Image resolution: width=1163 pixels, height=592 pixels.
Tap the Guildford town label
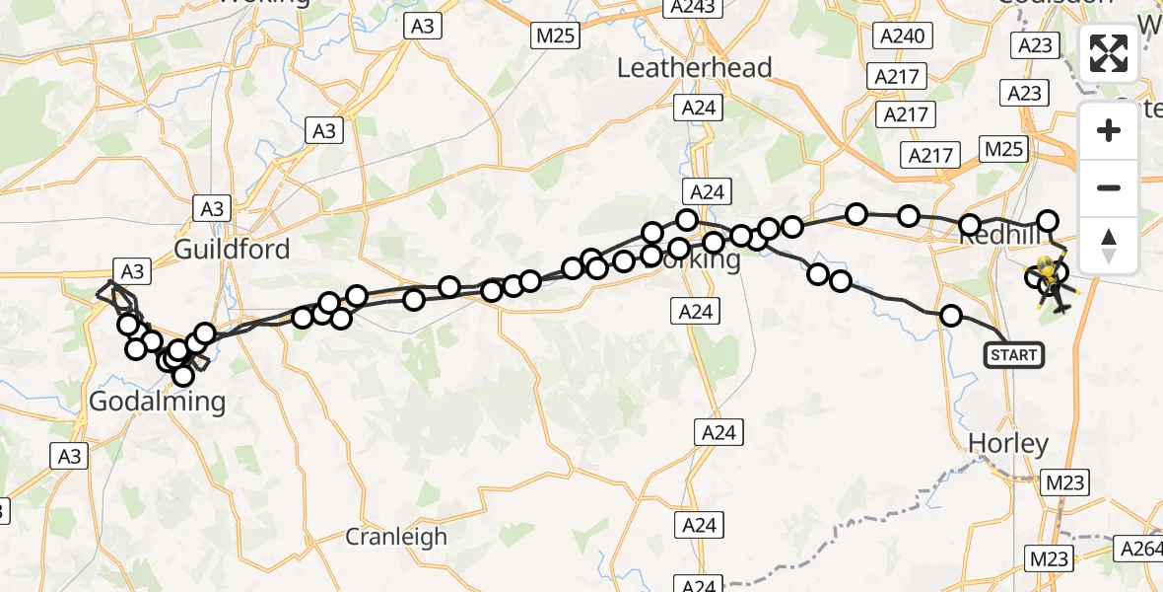coord(232,249)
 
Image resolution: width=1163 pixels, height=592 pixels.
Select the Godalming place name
coord(157,402)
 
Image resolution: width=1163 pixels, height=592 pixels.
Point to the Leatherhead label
coord(694,68)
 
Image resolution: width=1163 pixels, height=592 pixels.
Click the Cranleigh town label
coord(396,537)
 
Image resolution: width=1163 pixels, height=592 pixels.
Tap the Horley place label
coord(1007,444)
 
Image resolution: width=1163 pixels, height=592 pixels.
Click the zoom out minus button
coord(1109,187)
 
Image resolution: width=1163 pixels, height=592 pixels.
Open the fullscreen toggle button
coord(1109,53)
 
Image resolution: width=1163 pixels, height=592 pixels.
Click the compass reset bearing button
coord(1109,245)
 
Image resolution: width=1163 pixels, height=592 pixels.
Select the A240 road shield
coord(903,37)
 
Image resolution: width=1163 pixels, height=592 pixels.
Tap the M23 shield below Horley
coord(1063,482)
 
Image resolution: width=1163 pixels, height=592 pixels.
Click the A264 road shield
coord(1139,547)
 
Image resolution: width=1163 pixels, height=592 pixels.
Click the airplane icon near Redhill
coord(1061,305)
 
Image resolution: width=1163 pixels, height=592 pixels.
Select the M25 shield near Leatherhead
coord(555,37)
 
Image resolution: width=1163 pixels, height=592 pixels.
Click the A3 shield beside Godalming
coord(69,455)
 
